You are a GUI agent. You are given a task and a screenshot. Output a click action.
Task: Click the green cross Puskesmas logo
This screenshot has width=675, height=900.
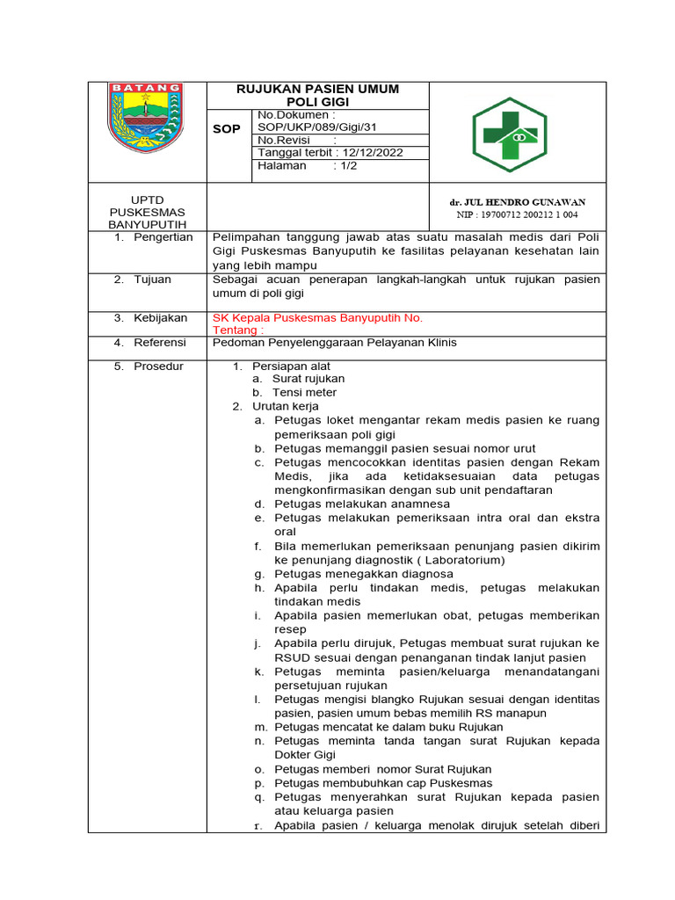coord(509,134)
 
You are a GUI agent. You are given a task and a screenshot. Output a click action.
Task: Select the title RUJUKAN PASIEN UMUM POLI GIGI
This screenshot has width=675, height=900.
coord(317,96)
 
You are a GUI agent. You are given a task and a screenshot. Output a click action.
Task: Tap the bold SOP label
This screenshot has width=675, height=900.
coord(227,129)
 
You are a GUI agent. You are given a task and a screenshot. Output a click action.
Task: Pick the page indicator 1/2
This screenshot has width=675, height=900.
coord(345,165)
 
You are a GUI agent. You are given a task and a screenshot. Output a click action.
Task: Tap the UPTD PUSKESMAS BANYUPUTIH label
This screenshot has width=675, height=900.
coord(147,212)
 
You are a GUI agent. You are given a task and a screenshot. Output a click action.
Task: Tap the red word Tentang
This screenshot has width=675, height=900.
coord(237,330)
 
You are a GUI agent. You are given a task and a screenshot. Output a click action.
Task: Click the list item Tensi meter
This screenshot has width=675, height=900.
coord(304,393)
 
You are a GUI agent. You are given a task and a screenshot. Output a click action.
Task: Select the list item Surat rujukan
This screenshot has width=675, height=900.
coord(308,379)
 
